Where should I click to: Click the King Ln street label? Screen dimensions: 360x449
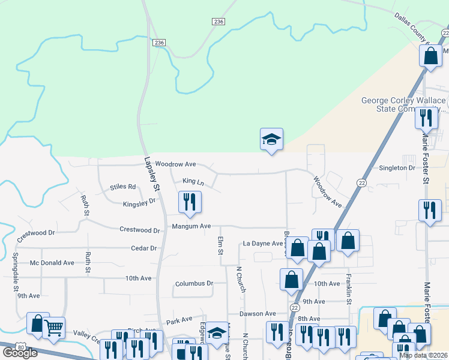click(193, 181)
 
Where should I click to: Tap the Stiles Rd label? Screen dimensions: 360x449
click(123, 187)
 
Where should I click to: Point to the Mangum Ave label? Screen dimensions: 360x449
click(191, 226)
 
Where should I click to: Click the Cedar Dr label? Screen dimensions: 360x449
click(144, 248)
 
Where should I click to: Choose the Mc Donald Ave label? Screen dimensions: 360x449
click(52, 263)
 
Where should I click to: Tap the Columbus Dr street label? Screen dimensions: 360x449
click(194, 283)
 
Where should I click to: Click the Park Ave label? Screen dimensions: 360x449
click(179, 321)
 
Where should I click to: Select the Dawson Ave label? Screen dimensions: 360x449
click(257, 313)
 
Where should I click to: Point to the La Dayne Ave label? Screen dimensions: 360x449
click(262, 244)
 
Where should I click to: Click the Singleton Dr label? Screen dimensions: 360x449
click(397, 168)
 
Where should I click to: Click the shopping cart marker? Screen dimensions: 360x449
click(54, 328)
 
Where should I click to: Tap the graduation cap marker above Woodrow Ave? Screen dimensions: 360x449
click(271, 139)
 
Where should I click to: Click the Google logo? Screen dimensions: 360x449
click(20, 353)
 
